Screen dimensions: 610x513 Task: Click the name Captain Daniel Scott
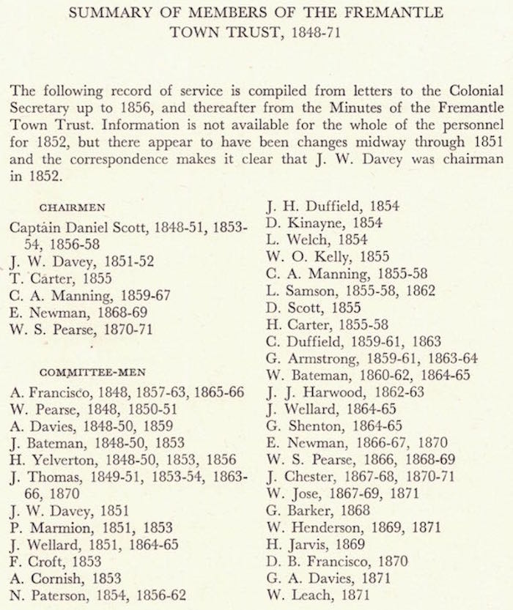[80, 228]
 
